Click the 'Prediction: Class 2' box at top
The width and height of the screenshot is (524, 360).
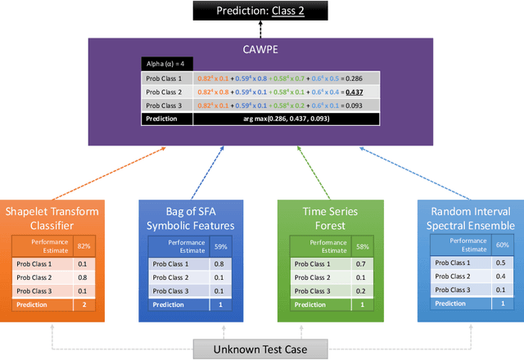tap(260, 11)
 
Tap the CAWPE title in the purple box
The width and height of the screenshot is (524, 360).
tap(260, 48)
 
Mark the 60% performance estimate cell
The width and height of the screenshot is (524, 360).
tap(503, 245)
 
